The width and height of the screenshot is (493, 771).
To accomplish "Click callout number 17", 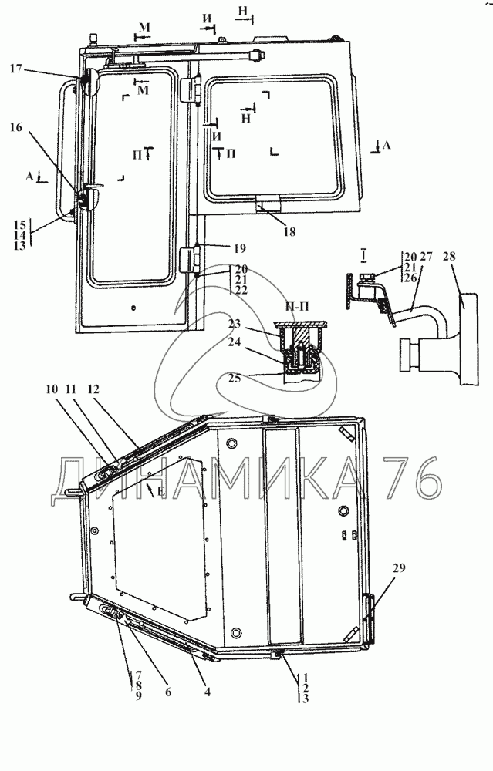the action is tap(15, 69).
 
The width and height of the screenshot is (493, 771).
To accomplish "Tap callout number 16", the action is tap(15, 127).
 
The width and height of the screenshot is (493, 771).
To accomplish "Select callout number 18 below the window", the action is tap(289, 231).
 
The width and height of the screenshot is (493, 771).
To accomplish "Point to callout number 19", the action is tap(239, 248).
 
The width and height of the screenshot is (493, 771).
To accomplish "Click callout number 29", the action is tap(399, 568).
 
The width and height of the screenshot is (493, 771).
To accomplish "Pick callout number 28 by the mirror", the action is tap(449, 256).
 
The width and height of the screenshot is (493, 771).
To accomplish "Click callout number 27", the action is tap(426, 256).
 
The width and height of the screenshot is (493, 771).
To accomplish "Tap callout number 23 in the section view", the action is tap(235, 324).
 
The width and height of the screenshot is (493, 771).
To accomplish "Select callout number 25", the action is tap(235, 379).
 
